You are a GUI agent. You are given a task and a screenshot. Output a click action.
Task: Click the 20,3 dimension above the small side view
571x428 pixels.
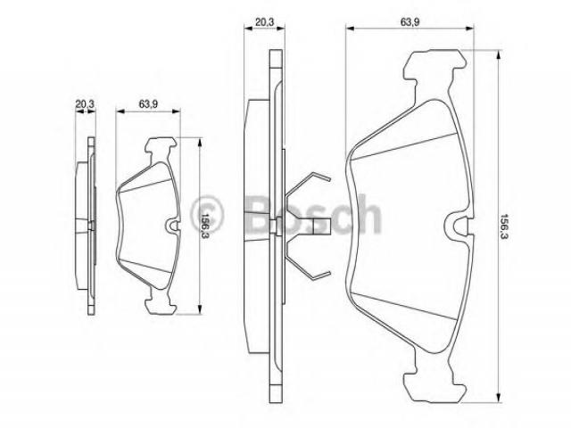coord(85,104)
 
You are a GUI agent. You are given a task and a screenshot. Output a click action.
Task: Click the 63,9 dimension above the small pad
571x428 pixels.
coord(148,104)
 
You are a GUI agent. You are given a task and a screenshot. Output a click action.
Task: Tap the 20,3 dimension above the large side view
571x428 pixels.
coord(264,21)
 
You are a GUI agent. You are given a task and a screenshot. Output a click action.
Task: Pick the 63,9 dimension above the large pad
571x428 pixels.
coord(410,21)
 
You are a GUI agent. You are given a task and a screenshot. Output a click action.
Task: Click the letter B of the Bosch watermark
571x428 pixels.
coord(261,216)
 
